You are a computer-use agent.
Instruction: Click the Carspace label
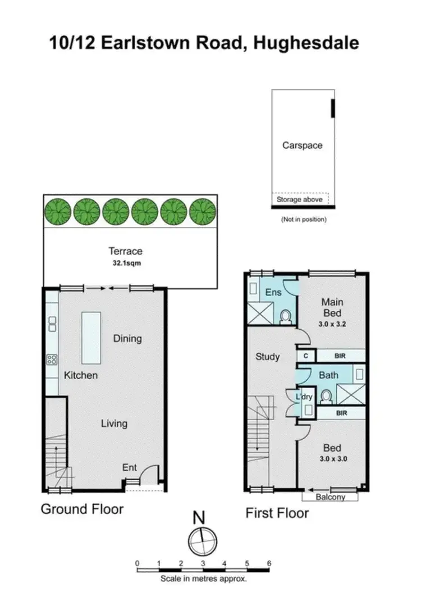pos(302,145)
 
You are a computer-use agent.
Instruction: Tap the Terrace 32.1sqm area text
pos(126,262)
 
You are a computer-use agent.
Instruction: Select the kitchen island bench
pos(91,338)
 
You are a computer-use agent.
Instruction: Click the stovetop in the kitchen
pos(52,358)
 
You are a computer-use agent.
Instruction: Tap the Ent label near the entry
pos(130,467)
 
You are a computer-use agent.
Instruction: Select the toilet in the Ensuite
pos(285,318)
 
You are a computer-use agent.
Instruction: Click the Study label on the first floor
pos(267,356)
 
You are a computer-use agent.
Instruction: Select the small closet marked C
pos(306,356)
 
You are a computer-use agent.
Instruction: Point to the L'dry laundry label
pos(304,397)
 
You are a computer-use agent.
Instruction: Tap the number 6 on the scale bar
pos(269,563)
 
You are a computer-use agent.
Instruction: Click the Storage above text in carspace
pos(300,199)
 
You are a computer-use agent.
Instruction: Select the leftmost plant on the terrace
pos(58,211)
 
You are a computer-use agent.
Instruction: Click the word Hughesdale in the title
pos(306,43)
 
